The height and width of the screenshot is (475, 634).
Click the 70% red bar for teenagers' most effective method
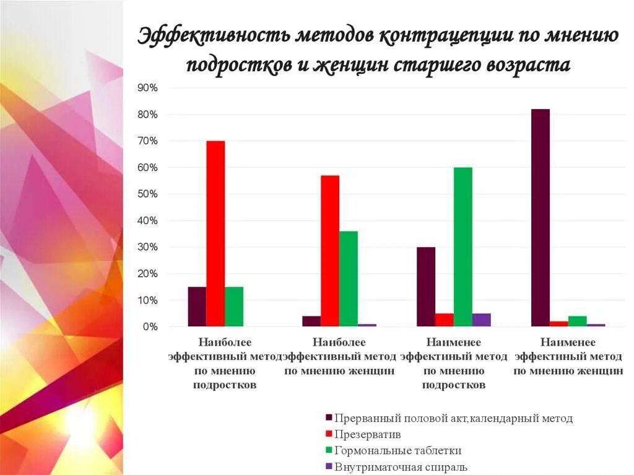point(215,233)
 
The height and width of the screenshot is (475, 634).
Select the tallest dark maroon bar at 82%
point(540,217)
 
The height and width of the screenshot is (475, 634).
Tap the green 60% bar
point(462,246)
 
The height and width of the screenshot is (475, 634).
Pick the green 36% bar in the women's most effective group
point(348,279)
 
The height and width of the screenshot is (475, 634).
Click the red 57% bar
point(330,251)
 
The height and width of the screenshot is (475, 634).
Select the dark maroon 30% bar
point(426,287)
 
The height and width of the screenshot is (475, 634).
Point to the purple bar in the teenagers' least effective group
point(481,320)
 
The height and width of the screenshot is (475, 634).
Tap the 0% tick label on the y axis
point(150,326)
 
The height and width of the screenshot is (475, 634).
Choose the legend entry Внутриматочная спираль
point(401,467)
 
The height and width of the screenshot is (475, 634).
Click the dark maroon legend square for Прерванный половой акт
point(329,418)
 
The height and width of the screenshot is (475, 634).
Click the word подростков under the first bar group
point(225,385)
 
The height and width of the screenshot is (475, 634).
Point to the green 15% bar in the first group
point(234,307)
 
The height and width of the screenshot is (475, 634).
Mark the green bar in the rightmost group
point(577,321)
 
